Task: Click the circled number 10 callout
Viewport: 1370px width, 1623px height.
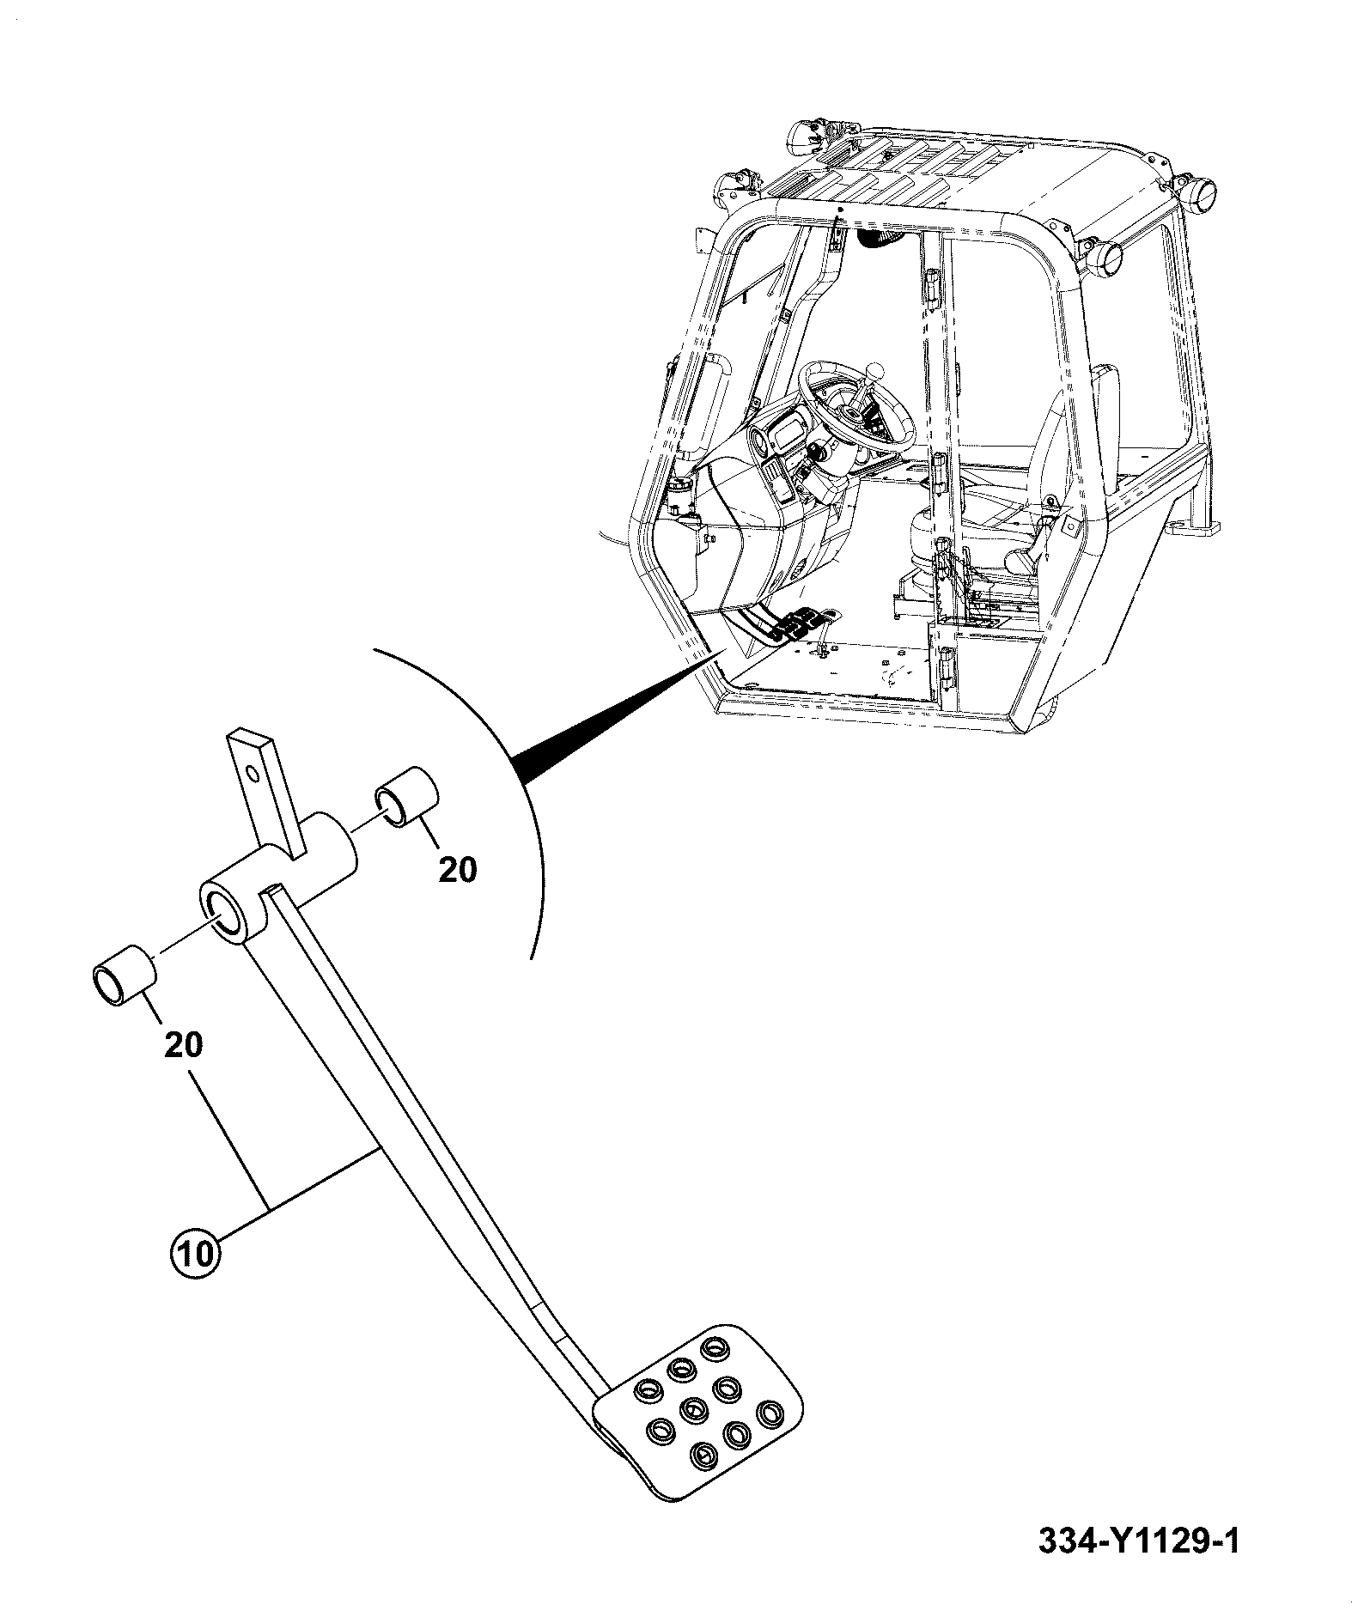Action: tap(197, 1253)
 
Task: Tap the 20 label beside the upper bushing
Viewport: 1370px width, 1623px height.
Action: tap(457, 870)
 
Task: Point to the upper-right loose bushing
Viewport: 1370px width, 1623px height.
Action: tap(407, 798)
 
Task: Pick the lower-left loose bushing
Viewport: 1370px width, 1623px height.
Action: tap(124, 975)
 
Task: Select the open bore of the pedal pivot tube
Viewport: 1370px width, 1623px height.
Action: tap(224, 912)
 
